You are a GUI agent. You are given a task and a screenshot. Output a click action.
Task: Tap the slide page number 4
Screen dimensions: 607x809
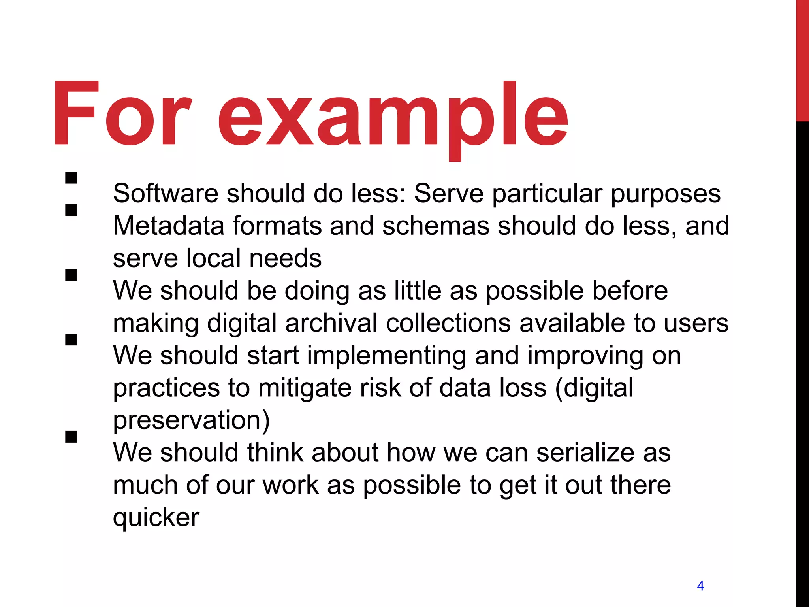pyautogui.click(x=700, y=586)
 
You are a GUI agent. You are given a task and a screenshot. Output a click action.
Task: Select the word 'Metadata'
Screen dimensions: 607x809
pyautogui.click(x=169, y=226)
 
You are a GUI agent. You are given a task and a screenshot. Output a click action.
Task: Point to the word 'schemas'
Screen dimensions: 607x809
pyautogui.click(x=436, y=226)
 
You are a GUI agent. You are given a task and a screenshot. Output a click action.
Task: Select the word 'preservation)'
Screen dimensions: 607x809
pyautogui.click(x=192, y=421)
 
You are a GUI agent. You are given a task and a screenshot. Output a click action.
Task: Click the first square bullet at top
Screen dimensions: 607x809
pyautogui.click(x=71, y=178)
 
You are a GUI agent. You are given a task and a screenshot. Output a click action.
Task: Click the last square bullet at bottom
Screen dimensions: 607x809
pyautogui.click(x=71, y=437)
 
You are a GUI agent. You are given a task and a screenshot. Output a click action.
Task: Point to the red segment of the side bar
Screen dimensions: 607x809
pyautogui.click(x=802, y=59)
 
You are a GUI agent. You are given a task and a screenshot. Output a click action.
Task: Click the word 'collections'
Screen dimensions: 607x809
pyautogui.click(x=448, y=323)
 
